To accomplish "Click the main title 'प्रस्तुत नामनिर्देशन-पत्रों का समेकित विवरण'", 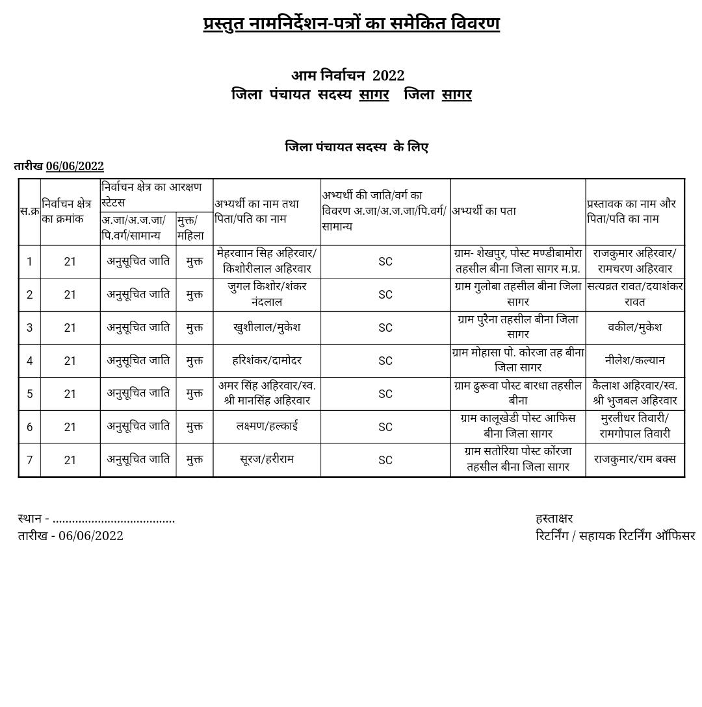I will [351, 24].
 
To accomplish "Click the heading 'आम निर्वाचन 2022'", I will [348, 76].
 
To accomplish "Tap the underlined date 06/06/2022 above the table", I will [75, 166].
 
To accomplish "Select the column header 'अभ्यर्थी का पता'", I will [484, 211].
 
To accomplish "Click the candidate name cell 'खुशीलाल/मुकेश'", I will [266, 327].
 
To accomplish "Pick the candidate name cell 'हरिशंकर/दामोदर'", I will [266, 360].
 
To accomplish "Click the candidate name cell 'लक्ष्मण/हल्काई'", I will [266, 427].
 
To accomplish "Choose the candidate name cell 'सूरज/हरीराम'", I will [266, 460].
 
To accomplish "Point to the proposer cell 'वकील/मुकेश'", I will [634, 327].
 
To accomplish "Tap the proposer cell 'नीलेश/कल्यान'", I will [634, 360].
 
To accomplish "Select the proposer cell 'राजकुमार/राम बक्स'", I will [634, 460].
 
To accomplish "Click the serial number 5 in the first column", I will [29, 394].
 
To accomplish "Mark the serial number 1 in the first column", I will [29, 262].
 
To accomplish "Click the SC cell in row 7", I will [385, 460].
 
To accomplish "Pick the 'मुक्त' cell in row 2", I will [194, 295].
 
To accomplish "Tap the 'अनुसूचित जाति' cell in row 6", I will [138, 427].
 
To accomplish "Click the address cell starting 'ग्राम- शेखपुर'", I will [517, 261].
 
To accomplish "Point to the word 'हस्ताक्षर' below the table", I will [554, 518].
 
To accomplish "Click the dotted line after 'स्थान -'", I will [114, 519].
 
